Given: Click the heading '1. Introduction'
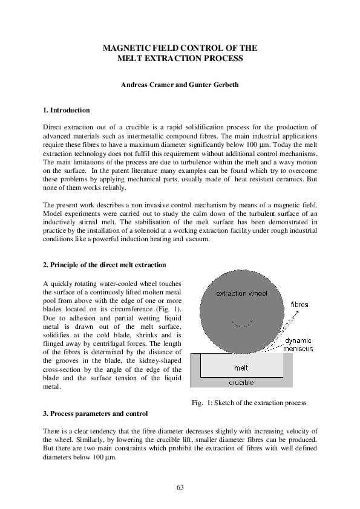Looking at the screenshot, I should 67,111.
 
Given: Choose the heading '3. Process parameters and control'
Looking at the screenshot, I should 96,413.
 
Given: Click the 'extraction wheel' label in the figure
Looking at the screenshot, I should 242,293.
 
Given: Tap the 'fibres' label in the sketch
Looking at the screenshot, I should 299,305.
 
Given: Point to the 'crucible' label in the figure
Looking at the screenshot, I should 241,382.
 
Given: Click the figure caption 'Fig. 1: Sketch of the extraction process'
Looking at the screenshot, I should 249,403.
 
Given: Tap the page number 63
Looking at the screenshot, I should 180,487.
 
